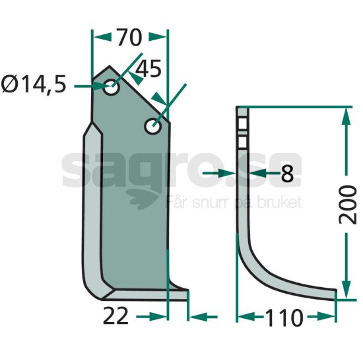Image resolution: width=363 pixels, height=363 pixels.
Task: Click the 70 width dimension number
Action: (x=129, y=37)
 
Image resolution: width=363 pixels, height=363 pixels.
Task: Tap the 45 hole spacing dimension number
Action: (x=148, y=69)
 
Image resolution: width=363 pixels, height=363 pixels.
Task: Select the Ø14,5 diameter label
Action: (x=34, y=84)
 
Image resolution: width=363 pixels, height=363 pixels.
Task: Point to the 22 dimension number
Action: (x=115, y=315)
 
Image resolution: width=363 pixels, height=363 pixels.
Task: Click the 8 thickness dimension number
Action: (x=287, y=174)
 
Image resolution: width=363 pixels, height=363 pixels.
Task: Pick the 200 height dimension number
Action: (x=347, y=205)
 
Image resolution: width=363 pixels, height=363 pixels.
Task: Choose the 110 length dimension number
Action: (x=284, y=318)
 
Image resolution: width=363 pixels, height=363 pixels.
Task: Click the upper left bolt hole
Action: (x=111, y=87)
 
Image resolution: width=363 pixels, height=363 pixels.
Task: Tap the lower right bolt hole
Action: (x=152, y=126)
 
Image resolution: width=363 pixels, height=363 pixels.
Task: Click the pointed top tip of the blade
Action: (x=110, y=66)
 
